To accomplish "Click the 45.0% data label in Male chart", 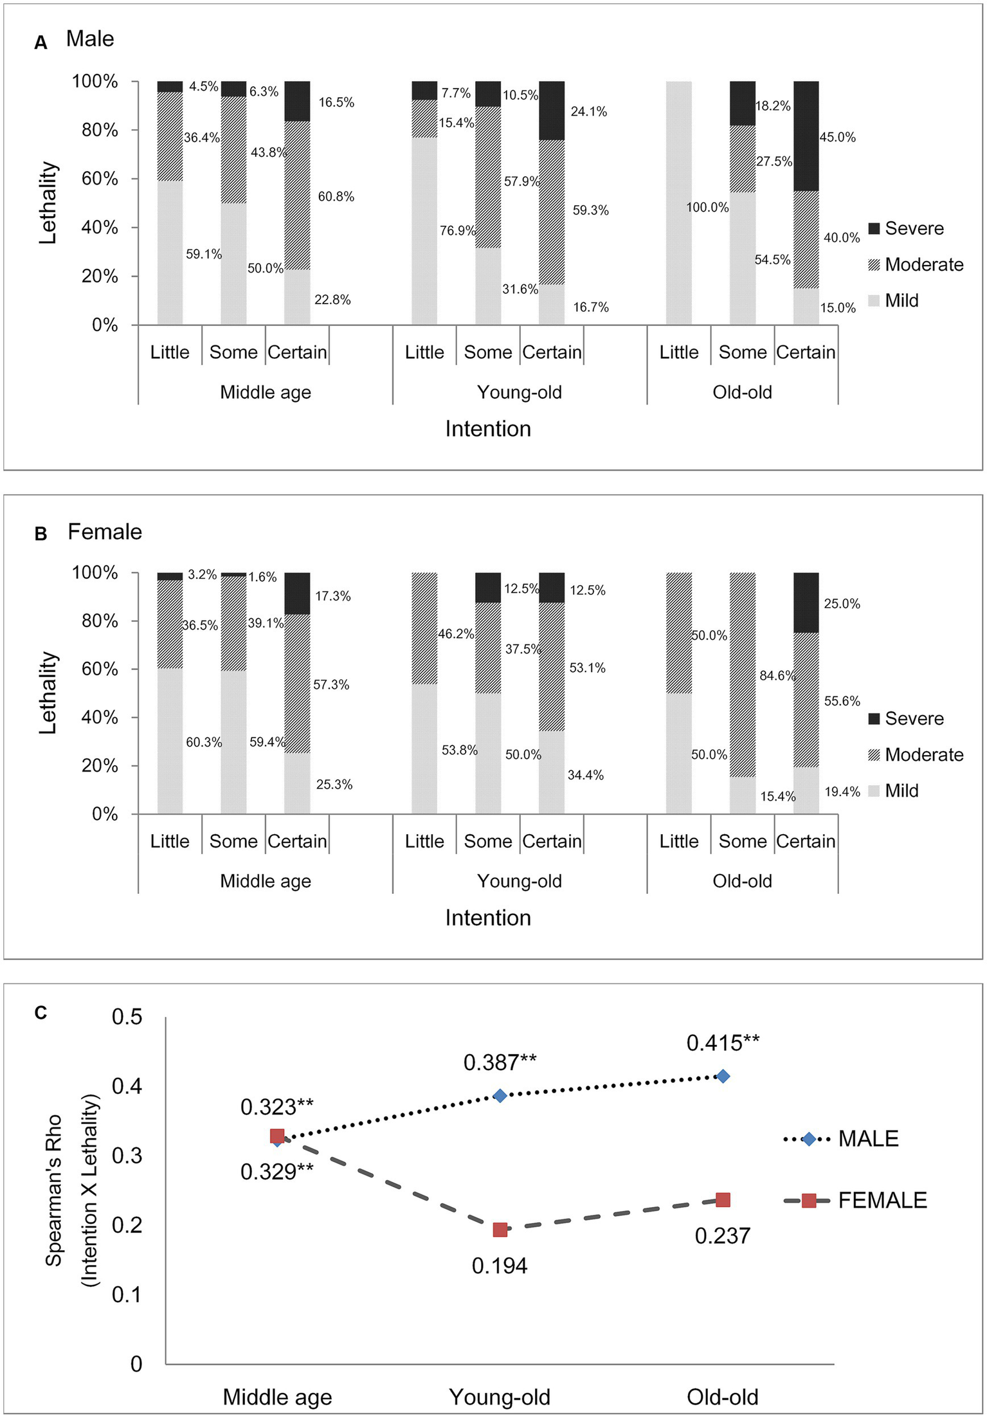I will pos(837,137).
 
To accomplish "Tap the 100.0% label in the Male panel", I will pos(707,207).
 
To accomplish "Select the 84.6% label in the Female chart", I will pos(777,676).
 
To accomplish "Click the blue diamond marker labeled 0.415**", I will pos(723,1076).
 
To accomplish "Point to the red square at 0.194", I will pos(500,1230).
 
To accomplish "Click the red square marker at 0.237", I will pos(723,1200).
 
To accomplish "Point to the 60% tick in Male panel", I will pos(100,179).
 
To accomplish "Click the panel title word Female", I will pos(105,532).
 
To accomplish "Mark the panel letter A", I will pos(41,43).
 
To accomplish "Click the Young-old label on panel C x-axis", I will pos(500,1397).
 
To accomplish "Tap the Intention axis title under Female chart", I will pos(488,918).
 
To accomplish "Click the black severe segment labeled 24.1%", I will pos(551,111).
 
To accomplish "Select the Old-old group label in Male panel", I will pos(742,392).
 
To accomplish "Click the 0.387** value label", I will pos(500,1062).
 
